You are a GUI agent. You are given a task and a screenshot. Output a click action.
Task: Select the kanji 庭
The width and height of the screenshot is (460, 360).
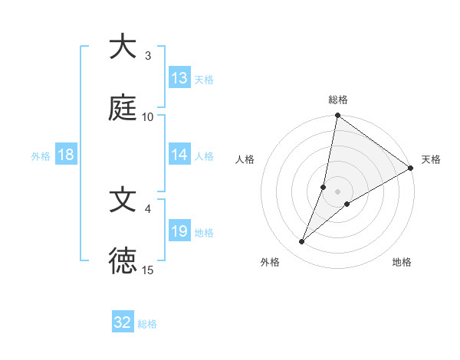click(123, 107)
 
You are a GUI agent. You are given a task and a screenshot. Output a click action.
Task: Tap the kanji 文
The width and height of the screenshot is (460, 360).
click(123, 200)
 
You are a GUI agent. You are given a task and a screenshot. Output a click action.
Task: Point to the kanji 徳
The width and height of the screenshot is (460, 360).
click(123, 260)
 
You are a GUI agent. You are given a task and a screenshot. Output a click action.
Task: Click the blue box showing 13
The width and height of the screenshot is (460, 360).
click(179, 77)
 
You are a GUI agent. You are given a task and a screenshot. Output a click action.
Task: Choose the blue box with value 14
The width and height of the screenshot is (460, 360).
click(179, 154)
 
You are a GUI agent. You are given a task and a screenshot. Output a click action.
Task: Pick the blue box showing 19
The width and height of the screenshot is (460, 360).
click(179, 231)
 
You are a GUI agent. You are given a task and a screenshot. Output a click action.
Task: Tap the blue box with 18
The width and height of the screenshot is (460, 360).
click(66, 155)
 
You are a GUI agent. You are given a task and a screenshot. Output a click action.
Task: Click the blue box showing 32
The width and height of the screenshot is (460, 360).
click(123, 322)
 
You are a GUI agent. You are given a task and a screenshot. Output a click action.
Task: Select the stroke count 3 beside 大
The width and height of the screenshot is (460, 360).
click(148, 56)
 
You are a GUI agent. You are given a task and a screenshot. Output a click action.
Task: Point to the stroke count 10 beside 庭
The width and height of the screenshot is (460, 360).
click(148, 116)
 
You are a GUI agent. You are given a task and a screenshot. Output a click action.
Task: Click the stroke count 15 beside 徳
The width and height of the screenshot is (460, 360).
click(148, 270)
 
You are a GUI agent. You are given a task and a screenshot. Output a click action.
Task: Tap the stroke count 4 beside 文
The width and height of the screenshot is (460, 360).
click(148, 208)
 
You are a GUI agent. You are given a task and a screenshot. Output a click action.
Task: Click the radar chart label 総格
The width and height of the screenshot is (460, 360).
click(338, 100)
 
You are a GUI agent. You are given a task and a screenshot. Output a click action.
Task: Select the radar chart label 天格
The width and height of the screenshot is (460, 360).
click(431, 159)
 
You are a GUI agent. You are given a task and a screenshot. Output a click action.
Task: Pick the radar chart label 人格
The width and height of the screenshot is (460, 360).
click(245, 159)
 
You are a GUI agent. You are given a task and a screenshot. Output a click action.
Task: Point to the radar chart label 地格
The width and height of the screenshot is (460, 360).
click(402, 262)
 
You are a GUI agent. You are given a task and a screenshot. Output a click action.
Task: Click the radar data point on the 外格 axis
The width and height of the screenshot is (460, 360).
click(302, 242)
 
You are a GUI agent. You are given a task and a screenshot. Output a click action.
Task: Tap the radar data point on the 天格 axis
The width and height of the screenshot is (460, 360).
click(411, 169)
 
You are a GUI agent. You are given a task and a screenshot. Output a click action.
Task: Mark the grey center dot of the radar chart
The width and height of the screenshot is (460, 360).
click(338, 191)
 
